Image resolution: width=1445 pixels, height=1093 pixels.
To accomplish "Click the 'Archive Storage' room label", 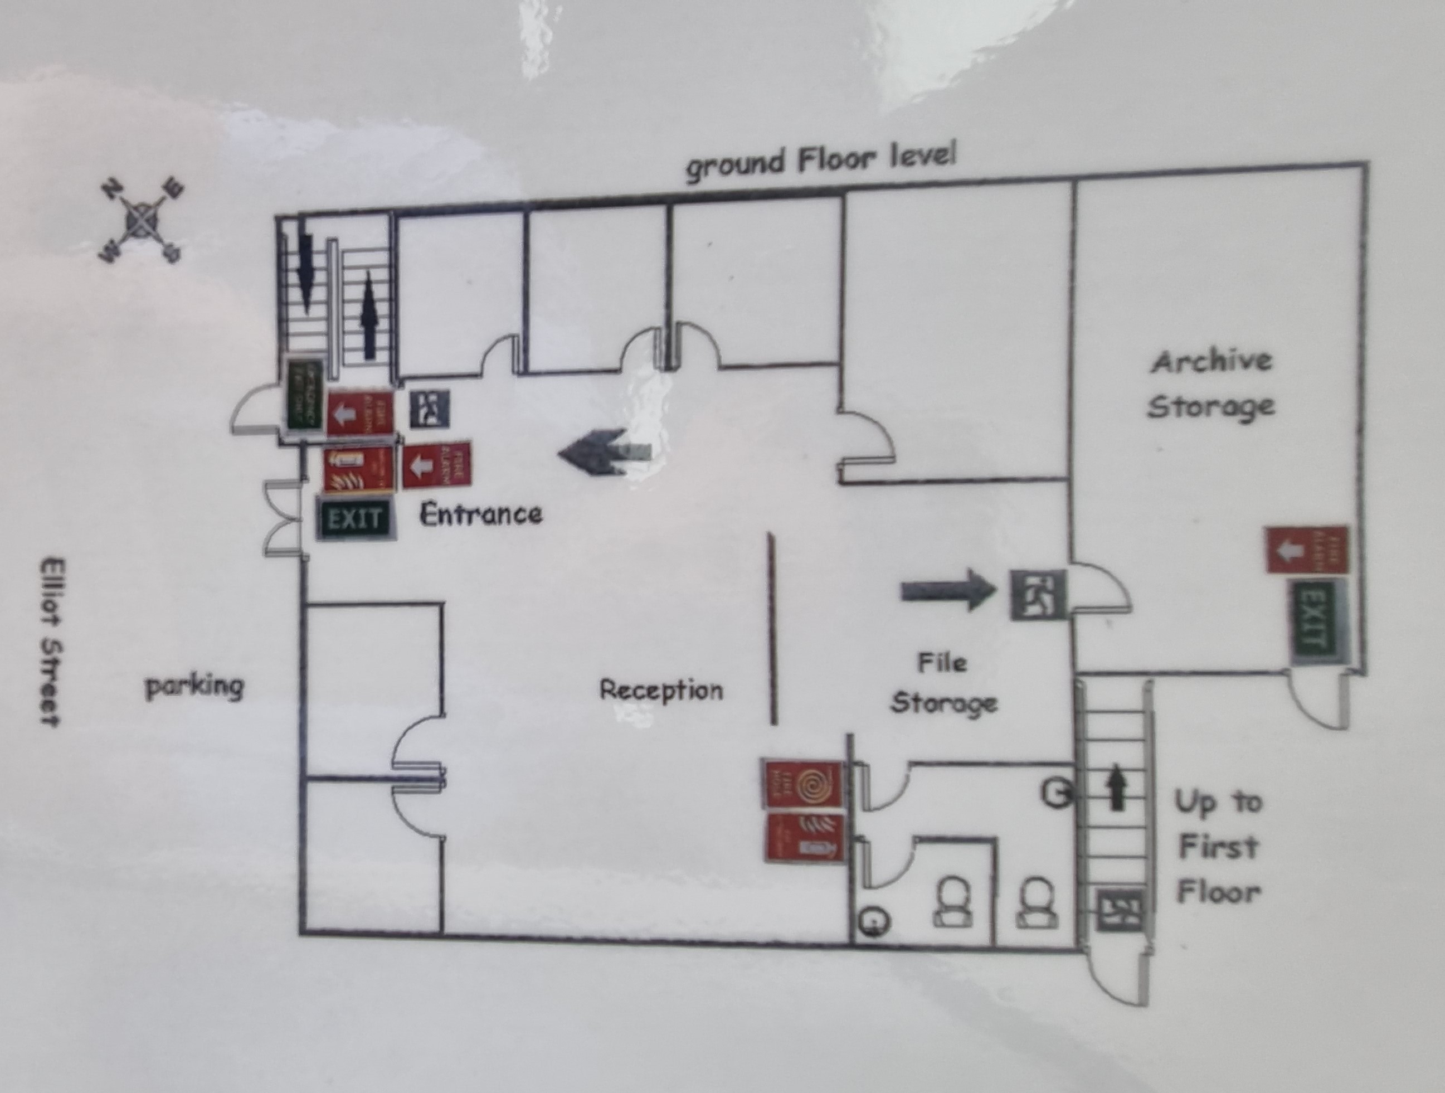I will pos(1212,384).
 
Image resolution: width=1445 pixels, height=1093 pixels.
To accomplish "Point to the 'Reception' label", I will pos(661,690).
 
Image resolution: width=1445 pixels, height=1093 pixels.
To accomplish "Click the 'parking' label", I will pos(194,687).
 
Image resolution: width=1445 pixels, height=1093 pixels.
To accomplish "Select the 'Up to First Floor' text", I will pos(1218,847).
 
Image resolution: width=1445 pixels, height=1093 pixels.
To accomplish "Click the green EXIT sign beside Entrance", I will pos(356,519).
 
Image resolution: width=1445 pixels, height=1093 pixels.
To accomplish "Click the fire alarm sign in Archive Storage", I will pos(1306,551).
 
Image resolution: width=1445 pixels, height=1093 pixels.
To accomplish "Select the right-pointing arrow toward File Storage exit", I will pos(948,591).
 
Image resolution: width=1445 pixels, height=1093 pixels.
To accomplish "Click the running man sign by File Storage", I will pos(1038,595).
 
